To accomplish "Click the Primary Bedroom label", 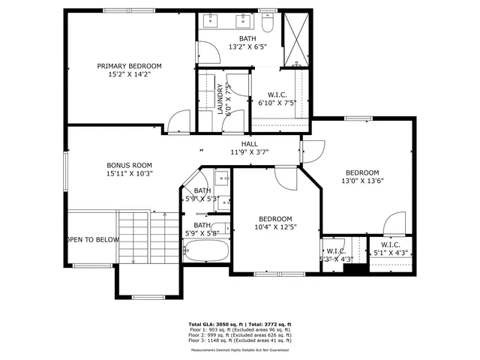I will click(x=129, y=66).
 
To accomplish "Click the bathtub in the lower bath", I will click(x=207, y=250).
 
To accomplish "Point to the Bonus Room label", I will click(x=129, y=165).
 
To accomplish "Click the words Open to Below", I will click(x=92, y=240).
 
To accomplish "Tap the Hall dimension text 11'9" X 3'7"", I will click(x=249, y=152).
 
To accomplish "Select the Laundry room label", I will click(x=221, y=100).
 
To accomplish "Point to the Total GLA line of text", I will click(x=239, y=324).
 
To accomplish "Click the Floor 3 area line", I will click(x=239, y=340).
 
